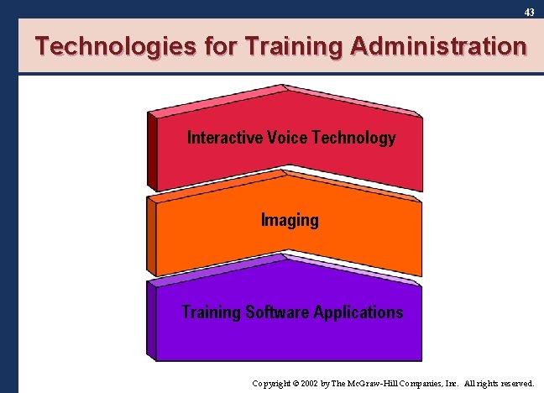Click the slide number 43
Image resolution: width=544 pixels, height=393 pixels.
[x=529, y=13]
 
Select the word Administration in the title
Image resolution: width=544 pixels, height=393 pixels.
[x=437, y=46]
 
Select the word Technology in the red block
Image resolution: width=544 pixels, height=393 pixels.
[x=353, y=138]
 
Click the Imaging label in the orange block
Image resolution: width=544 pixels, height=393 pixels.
[x=290, y=221]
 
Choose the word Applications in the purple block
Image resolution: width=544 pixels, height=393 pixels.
[x=358, y=312]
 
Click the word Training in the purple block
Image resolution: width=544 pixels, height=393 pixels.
[x=211, y=312]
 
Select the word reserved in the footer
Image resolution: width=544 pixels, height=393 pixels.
[x=516, y=383]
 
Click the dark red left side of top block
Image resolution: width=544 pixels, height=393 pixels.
[x=152, y=151]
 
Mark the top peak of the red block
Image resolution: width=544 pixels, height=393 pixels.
[x=285, y=87]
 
